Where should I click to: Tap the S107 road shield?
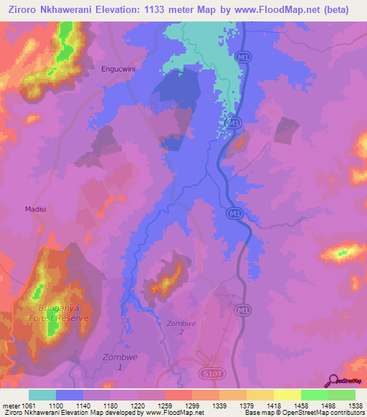pos(207,373)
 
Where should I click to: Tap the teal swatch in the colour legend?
pos(42,395)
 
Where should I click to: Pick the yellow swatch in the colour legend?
pos(287,395)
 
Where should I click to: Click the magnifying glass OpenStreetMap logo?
pos(333,380)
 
